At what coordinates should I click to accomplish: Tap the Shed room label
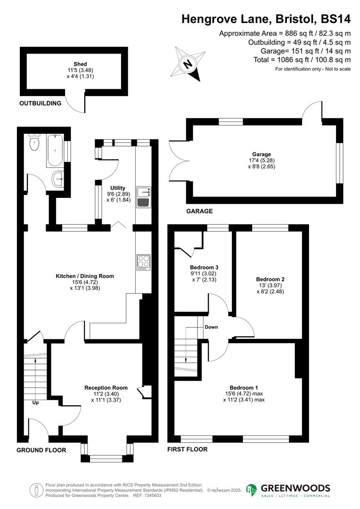click(80, 64)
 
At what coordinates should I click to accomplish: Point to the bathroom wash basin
click(58, 179)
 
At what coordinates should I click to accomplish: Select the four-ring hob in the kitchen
click(143, 261)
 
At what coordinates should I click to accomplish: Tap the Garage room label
click(262, 154)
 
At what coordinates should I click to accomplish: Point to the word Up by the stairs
click(36, 403)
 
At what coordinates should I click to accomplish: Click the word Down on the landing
click(211, 327)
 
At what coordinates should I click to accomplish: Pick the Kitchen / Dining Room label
click(85, 276)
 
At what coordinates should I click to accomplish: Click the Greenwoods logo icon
click(252, 490)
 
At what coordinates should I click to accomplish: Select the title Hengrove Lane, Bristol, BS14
click(266, 19)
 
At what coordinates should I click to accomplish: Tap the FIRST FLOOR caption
click(187, 450)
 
